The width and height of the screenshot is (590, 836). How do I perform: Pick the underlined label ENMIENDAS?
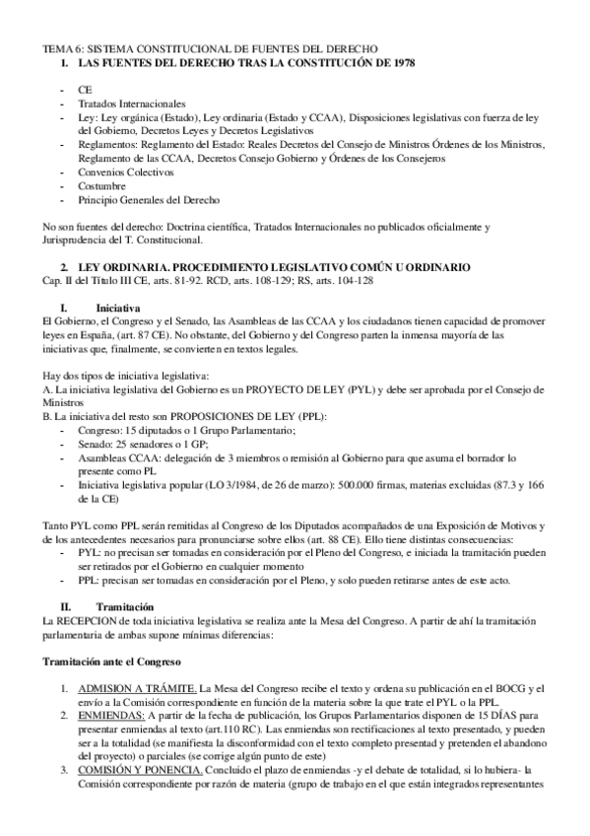[x=110, y=713]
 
